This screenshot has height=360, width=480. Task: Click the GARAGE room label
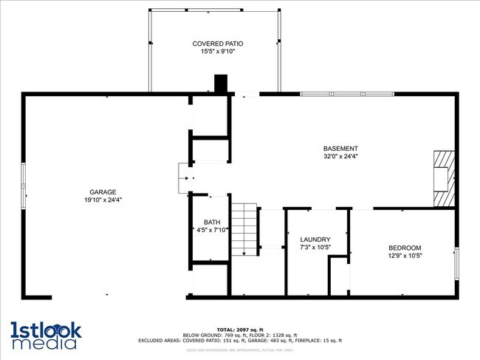[x=103, y=191]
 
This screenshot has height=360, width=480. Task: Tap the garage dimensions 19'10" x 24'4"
[x=103, y=200]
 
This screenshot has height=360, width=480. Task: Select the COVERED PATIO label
[x=218, y=44]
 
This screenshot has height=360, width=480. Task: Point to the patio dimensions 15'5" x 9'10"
[x=218, y=52]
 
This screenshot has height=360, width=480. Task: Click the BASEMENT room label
[x=340, y=148]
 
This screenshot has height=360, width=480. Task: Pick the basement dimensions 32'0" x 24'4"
[x=340, y=156]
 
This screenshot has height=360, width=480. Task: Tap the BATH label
[x=212, y=222]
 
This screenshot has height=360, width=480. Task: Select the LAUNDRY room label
[x=315, y=239]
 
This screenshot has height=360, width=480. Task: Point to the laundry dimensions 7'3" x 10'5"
[x=315, y=247]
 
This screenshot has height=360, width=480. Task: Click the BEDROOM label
[x=405, y=248]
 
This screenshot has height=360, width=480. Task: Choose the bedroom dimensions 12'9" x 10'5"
[x=405, y=256]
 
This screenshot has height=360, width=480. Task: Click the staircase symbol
[x=244, y=230]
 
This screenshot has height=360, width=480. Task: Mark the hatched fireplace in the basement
[x=443, y=179]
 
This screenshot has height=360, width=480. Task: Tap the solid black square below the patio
[x=220, y=84]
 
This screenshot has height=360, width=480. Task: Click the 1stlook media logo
[x=45, y=335]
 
